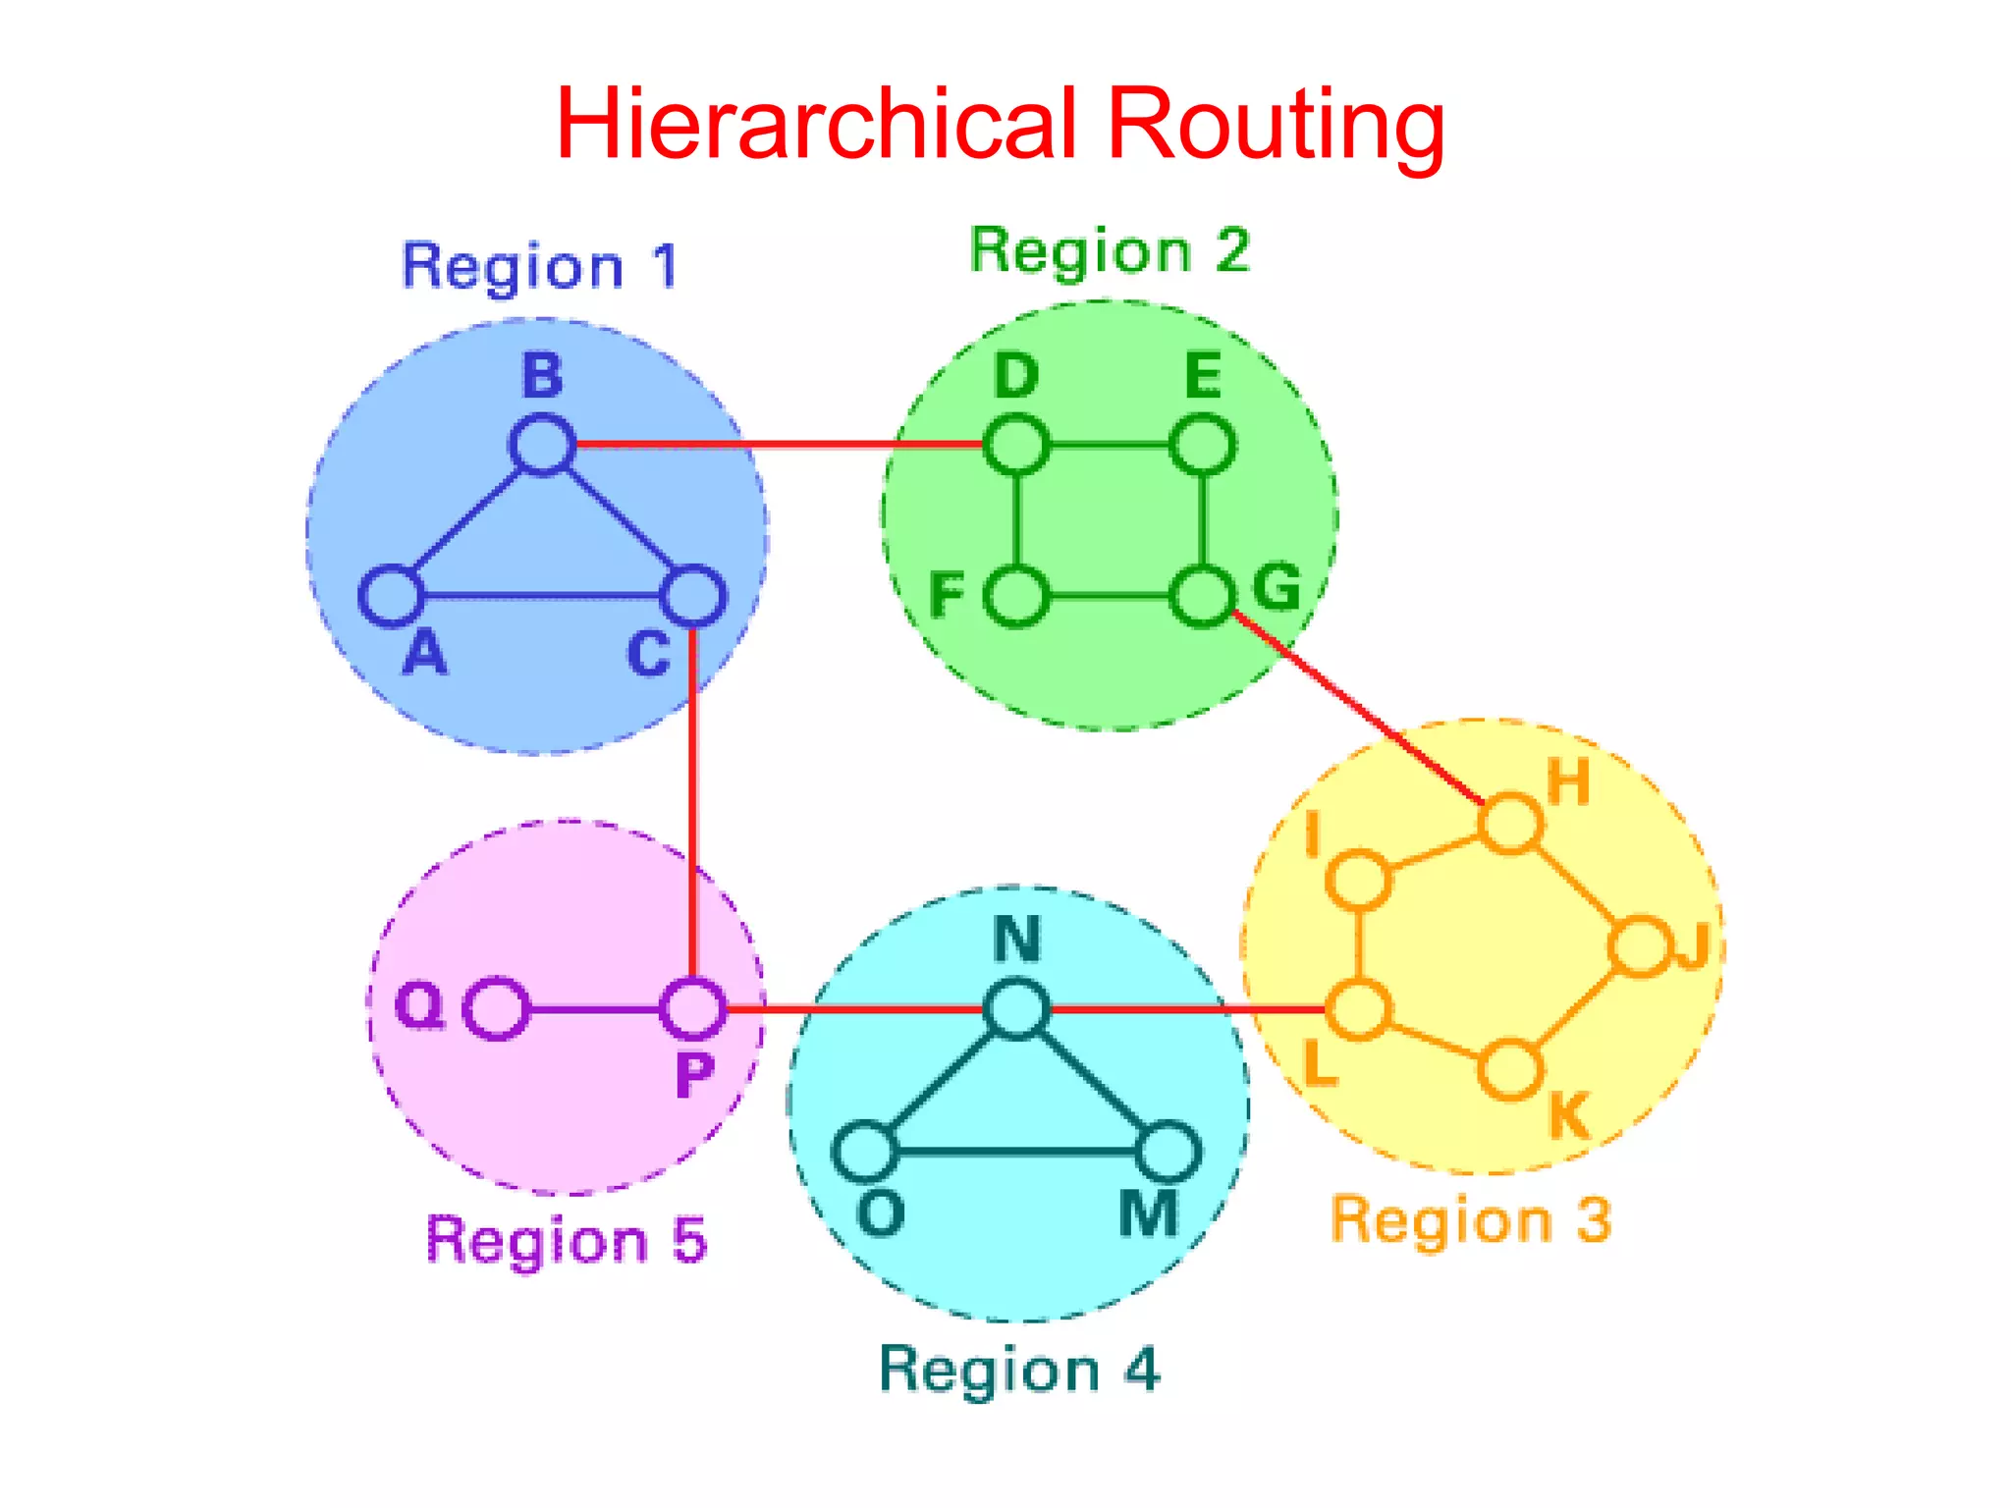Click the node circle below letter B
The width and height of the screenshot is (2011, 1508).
pos(541,445)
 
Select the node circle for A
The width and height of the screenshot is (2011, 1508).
pos(391,596)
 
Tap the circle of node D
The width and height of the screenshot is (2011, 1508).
pos(1016,445)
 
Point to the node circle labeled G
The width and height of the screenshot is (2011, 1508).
pos(1202,596)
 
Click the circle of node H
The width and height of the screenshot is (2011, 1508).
pos(1510,823)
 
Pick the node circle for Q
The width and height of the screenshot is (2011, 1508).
pos(496,1008)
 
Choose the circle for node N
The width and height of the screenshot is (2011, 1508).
pos(1016,1008)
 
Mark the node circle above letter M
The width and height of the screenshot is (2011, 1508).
pos(1168,1151)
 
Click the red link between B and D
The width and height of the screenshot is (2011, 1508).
pos(776,445)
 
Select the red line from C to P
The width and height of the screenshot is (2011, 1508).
pos(693,805)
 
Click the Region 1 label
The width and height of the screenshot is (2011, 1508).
pos(540,267)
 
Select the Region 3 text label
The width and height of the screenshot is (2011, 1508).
pos(1470,1220)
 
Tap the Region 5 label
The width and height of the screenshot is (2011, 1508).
pos(567,1240)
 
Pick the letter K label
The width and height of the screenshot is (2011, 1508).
pos(1568,1115)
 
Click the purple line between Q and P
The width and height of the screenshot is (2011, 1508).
pos(594,1008)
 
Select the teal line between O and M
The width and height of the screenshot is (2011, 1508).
pos(1016,1151)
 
